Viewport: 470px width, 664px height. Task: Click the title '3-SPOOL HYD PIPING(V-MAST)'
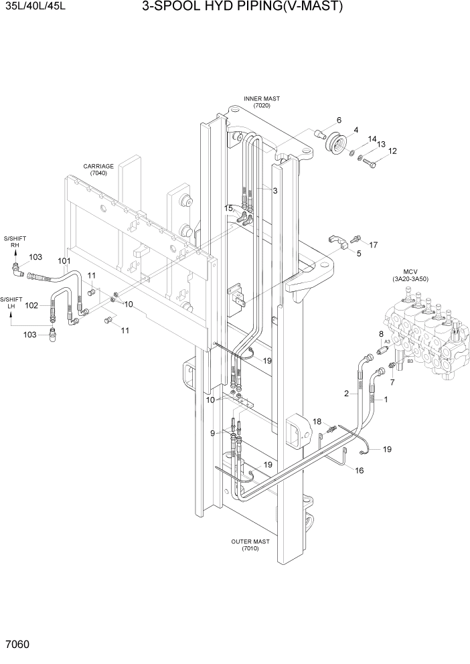click(x=242, y=7)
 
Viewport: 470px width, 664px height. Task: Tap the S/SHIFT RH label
click(x=13, y=242)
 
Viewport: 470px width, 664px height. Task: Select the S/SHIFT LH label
click(x=11, y=303)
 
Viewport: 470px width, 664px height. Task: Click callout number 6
click(x=339, y=120)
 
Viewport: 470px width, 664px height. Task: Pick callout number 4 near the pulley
click(x=356, y=130)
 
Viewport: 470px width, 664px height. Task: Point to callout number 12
click(x=392, y=151)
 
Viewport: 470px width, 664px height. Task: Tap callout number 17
click(x=374, y=245)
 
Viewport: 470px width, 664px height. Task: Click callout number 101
click(x=64, y=260)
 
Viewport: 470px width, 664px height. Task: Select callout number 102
click(x=31, y=305)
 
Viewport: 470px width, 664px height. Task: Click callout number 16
click(x=359, y=471)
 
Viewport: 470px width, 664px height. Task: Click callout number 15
click(x=228, y=208)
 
